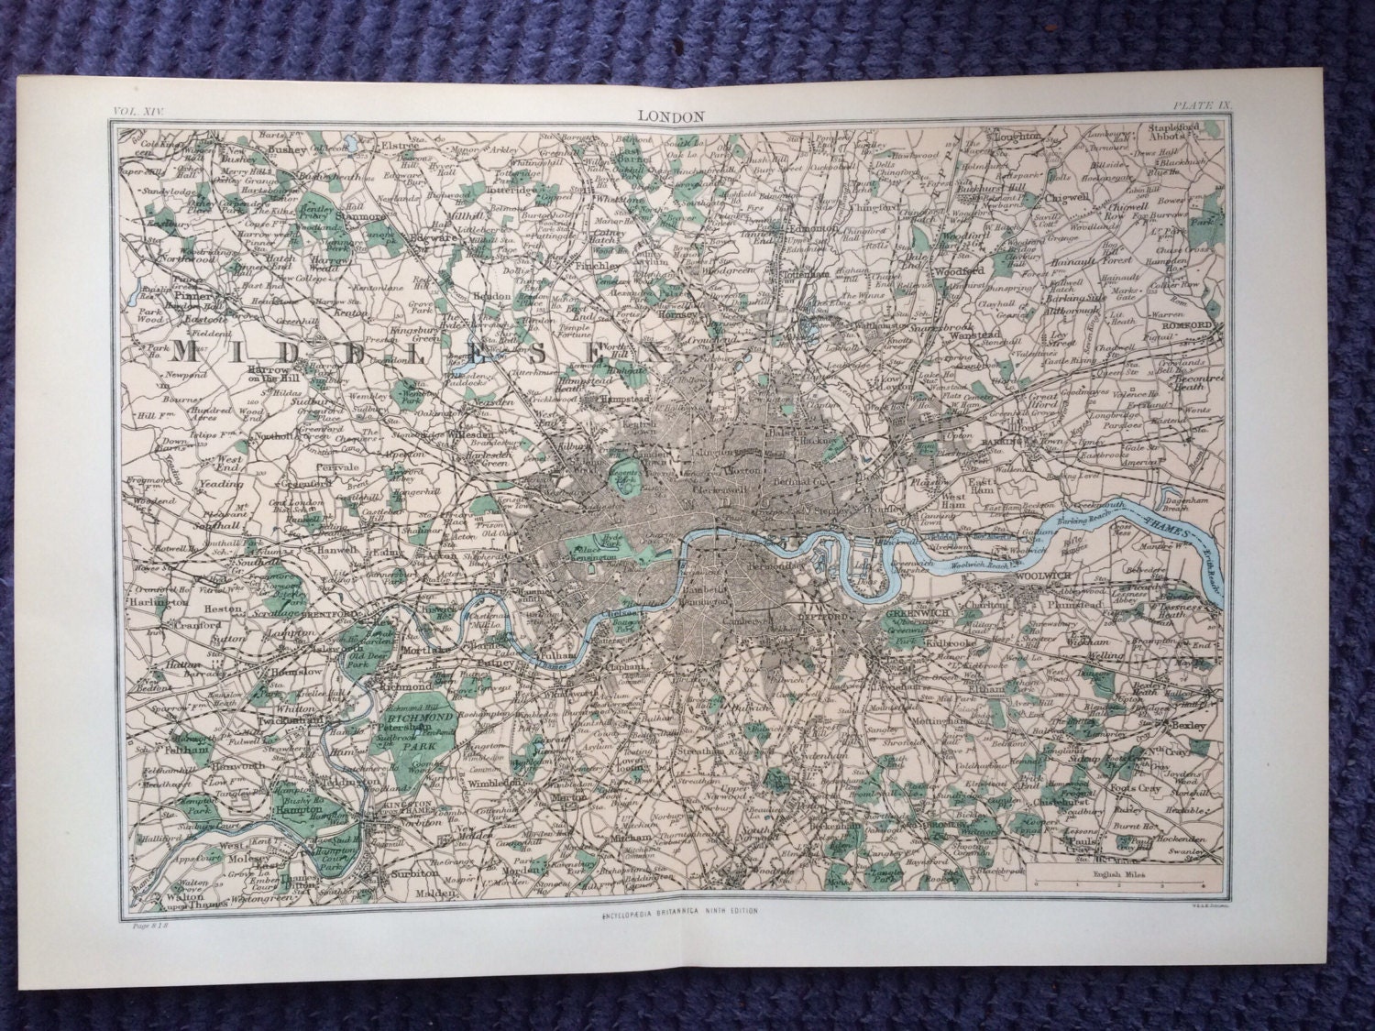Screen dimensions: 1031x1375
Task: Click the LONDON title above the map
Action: tap(679, 115)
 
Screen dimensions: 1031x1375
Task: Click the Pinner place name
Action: tap(194, 298)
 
